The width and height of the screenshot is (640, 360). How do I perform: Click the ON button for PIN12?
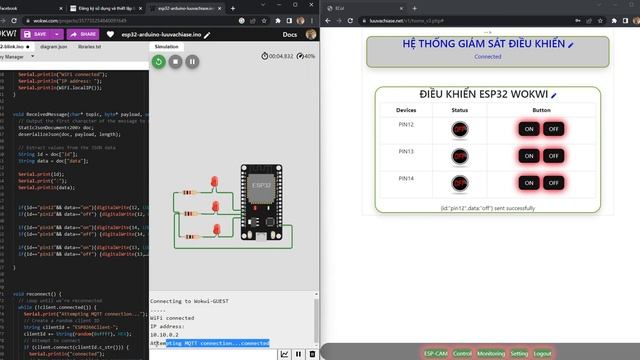pos(528,128)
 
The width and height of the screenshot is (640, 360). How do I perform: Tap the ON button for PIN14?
pos(528,183)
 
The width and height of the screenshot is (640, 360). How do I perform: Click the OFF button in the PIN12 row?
pos(553,128)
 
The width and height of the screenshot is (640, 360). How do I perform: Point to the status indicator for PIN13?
pos(460,156)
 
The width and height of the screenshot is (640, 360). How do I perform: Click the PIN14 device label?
pos(406,178)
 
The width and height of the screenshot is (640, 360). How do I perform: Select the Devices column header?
pos(406,109)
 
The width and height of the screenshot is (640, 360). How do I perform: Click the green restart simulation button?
pos(158,61)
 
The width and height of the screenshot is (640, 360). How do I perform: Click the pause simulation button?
pos(192,61)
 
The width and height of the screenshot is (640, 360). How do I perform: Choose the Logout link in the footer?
pos(543,353)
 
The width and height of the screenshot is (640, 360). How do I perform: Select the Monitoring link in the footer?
pos(491,353)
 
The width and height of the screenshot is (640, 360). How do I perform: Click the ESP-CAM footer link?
pos(435,353)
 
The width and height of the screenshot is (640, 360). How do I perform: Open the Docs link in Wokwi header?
pos(291,33)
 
